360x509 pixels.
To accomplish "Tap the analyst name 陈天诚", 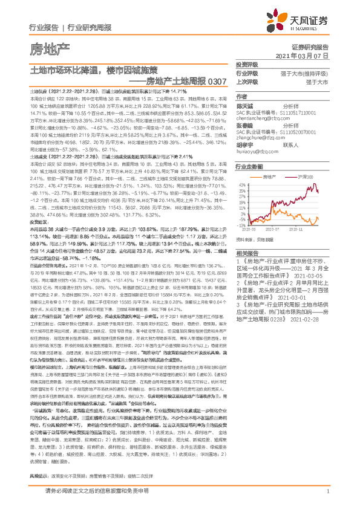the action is point(244,106).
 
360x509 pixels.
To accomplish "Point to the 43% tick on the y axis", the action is point(242,184).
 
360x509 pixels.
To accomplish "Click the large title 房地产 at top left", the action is point(41,47).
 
